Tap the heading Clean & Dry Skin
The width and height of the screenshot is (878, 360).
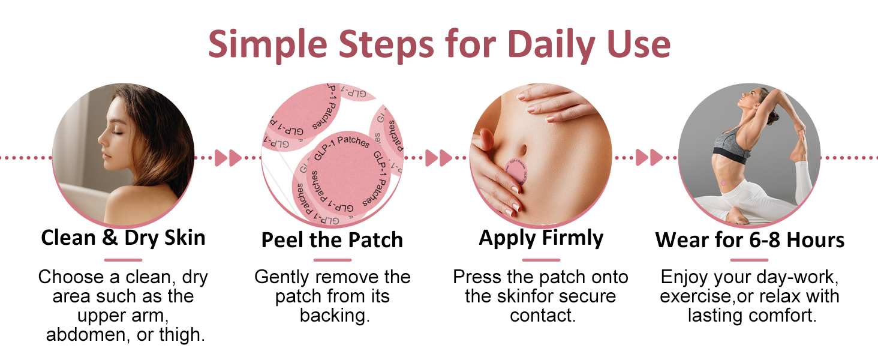coord(123,238)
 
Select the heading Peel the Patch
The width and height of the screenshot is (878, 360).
coord(332,240)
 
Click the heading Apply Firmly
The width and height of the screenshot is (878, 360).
coord(541,238)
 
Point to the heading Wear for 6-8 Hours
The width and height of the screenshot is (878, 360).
coord(750,240)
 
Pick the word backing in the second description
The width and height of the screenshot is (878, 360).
coord(333,316)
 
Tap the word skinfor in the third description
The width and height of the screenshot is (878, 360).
coord(533,296)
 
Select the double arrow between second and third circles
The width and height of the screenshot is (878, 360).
coord(438,158)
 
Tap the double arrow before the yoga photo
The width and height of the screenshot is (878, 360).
coord(648,158)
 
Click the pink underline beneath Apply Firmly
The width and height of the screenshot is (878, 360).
coord(541,260)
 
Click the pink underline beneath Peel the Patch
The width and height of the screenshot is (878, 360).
coord(332,260)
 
